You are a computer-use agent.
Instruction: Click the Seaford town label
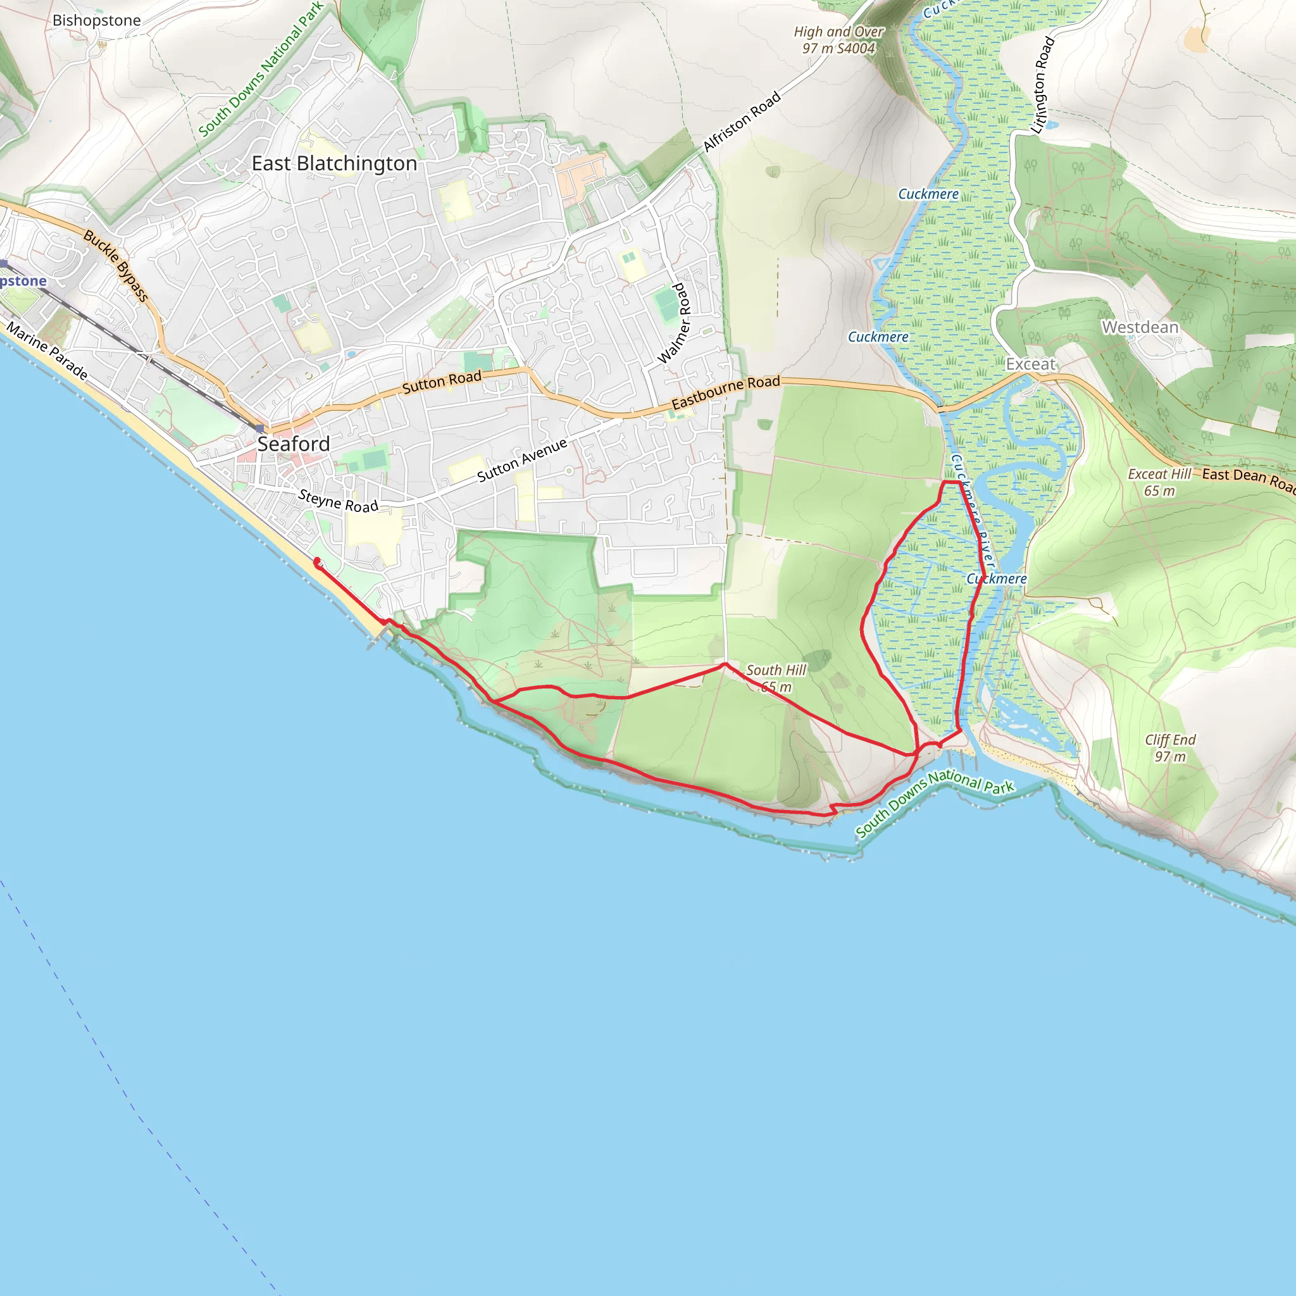pos(293,444)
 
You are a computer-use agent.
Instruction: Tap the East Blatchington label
pos(334,164)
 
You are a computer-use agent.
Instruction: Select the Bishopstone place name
pos(97,21)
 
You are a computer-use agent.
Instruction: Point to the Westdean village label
pos(1140,327)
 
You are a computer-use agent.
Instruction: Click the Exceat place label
pos(1030,364)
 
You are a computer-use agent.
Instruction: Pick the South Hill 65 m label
pos(775,678)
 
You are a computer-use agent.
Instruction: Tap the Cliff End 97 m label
pos(1170,748)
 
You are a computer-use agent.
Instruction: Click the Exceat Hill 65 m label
pos(1159,482)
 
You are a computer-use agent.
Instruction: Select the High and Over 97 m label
pos(838,40)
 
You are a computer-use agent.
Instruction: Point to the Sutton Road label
pos(442,382)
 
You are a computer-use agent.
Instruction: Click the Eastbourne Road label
pos(726,392)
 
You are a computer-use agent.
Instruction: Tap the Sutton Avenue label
pos(522,460)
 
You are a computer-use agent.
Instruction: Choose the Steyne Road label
pos(338,501)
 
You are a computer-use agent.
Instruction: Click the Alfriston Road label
pos(742,121)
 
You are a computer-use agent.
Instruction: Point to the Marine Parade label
pos(47,351)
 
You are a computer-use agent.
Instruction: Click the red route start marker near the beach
pos(316,562)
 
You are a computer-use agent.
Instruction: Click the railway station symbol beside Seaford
pos(259,428)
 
